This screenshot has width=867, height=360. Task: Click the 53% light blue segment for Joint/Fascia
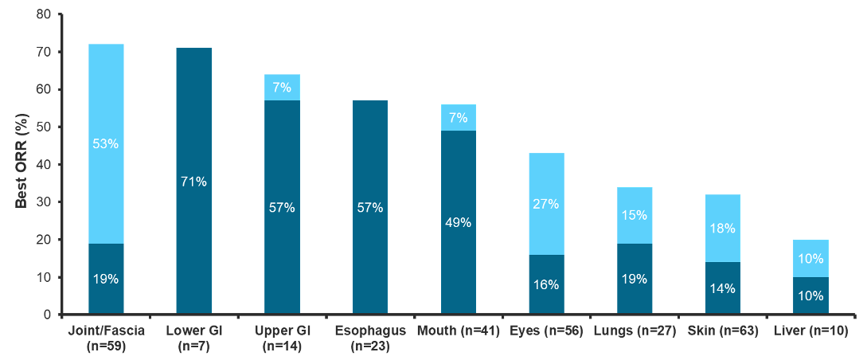click(106, 143)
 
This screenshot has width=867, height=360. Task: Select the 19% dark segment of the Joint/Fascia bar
click(106, 279)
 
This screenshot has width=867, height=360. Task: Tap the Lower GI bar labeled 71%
click(194, 181)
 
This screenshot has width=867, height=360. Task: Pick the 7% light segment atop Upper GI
click(282, 88)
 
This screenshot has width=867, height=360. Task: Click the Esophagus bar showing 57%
click(370, 207)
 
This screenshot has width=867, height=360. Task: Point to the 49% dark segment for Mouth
click(459, 222)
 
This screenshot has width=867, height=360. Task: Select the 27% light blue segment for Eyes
click(546, 204)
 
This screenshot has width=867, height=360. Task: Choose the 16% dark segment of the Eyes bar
click(546, 284)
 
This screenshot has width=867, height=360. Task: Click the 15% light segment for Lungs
click(635, 215)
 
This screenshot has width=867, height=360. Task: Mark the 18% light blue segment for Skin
click(722, 229)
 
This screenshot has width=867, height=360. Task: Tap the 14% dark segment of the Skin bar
click(722, 288)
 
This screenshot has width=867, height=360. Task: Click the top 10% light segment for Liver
click(810, 258)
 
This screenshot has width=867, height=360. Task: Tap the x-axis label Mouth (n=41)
click(459, 330)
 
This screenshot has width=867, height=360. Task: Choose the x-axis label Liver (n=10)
click(810, 330)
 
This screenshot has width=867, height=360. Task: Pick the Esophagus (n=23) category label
click(370, 337)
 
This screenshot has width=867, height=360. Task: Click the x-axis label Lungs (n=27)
click(635, 330)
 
